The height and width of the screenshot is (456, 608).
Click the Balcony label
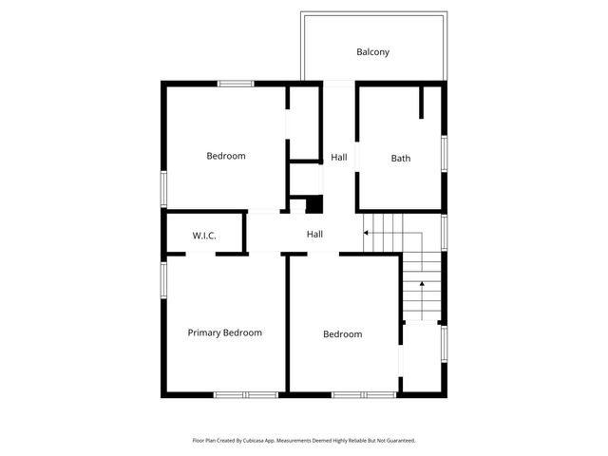[373, 52]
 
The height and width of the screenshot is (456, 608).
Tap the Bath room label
[401, 159]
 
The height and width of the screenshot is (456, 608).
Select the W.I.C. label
[204, 235]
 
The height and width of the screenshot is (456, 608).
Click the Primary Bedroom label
[224, 332]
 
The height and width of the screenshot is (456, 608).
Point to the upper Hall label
[339, 157]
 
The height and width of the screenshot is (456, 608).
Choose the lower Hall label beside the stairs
[314, 235]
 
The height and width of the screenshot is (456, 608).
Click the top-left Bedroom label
[226, 156]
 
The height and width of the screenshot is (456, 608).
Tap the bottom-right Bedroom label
[342, 334]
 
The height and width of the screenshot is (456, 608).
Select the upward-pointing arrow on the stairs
[421, 286]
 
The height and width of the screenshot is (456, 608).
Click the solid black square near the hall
[314, 204]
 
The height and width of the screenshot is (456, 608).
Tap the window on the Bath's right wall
[444, 154]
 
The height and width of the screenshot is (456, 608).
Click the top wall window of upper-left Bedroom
[235, 84]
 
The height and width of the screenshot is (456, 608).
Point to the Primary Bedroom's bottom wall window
[245, 394]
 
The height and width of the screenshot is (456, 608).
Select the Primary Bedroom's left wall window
[162, 280]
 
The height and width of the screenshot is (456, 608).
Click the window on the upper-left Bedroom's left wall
[162, 188]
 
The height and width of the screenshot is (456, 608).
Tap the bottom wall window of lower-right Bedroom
[364, 394]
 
